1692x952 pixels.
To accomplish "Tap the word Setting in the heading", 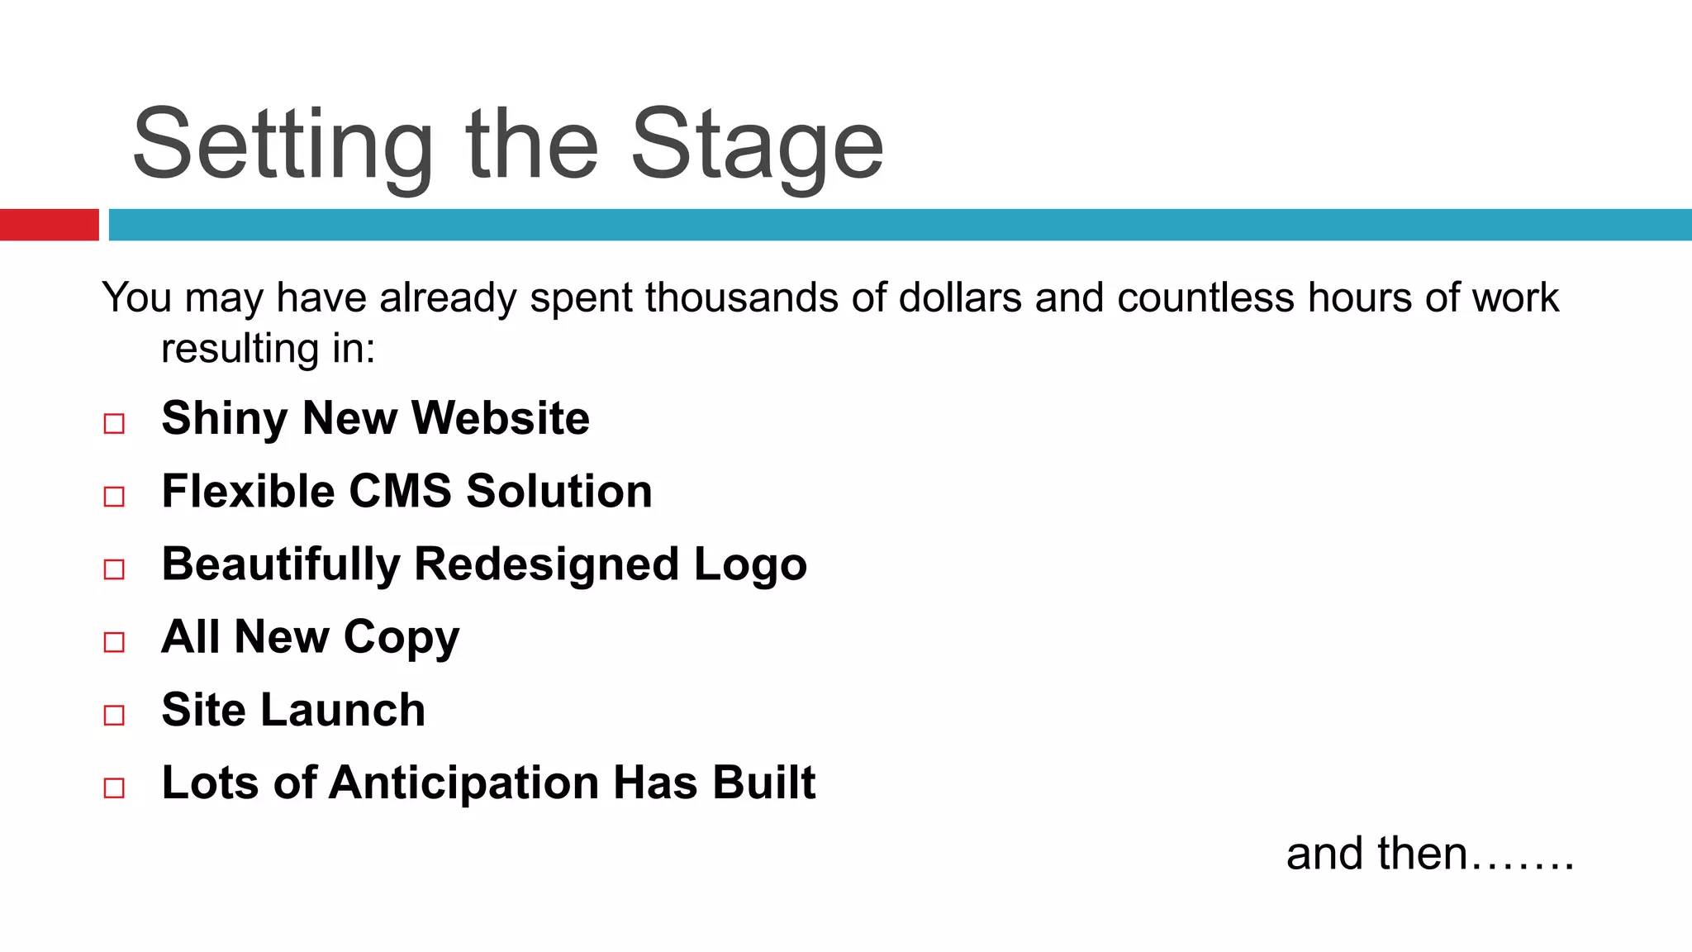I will pos(283,145).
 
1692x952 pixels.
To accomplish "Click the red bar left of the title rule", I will pos(49,225).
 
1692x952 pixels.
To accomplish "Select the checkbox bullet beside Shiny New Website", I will pos(114,424).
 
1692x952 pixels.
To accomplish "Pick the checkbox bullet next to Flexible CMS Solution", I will pos(114,497).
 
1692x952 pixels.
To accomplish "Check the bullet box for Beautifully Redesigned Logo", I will pos(114,569).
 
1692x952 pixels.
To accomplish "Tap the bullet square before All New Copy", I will pos(114,642).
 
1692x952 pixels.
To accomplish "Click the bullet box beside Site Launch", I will pos(114,715).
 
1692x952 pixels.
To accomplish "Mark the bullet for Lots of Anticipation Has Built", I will pos(114,788).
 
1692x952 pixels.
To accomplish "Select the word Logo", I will pos(750,565).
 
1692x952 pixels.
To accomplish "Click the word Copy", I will pos(402,638).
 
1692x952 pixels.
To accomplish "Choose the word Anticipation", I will pos(463,783).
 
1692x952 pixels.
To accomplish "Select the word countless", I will pos(1205,297).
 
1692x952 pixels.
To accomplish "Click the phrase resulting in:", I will pos(269,349).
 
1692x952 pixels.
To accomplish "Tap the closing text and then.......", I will pos(1429,854).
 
